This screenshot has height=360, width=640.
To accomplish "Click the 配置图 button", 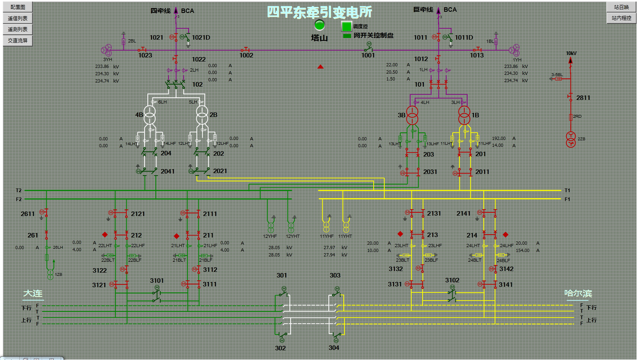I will pos(17,7).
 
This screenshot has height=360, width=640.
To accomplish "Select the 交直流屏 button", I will pos(17,40).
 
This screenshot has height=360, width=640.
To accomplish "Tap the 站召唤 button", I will pos(621,7).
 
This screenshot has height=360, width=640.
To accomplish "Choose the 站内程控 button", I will pos(621,18).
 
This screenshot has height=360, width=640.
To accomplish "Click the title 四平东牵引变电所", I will pos(319,12).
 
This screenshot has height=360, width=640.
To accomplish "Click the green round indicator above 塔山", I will pos(319,25).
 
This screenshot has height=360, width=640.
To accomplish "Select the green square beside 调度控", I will pos(347,26).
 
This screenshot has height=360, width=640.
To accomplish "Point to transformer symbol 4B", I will pos(150,114).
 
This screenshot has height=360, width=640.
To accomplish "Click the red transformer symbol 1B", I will pos(464,115).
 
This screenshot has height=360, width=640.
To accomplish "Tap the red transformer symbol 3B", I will pos(412,115).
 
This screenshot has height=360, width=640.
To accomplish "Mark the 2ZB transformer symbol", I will pos(570,139).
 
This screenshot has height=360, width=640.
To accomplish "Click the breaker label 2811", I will pos(583,97).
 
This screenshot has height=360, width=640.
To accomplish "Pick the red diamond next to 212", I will pos(105,235).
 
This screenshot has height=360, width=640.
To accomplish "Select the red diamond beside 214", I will pos(505,234).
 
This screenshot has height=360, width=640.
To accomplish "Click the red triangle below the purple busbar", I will pos(320,67).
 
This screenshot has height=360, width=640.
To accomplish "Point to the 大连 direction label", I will pos(33,293).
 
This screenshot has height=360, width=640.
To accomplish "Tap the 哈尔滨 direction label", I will pos(578,293).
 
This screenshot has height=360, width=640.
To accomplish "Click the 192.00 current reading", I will pos(499,138).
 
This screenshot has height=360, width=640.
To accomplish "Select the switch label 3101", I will pos(157,280).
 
